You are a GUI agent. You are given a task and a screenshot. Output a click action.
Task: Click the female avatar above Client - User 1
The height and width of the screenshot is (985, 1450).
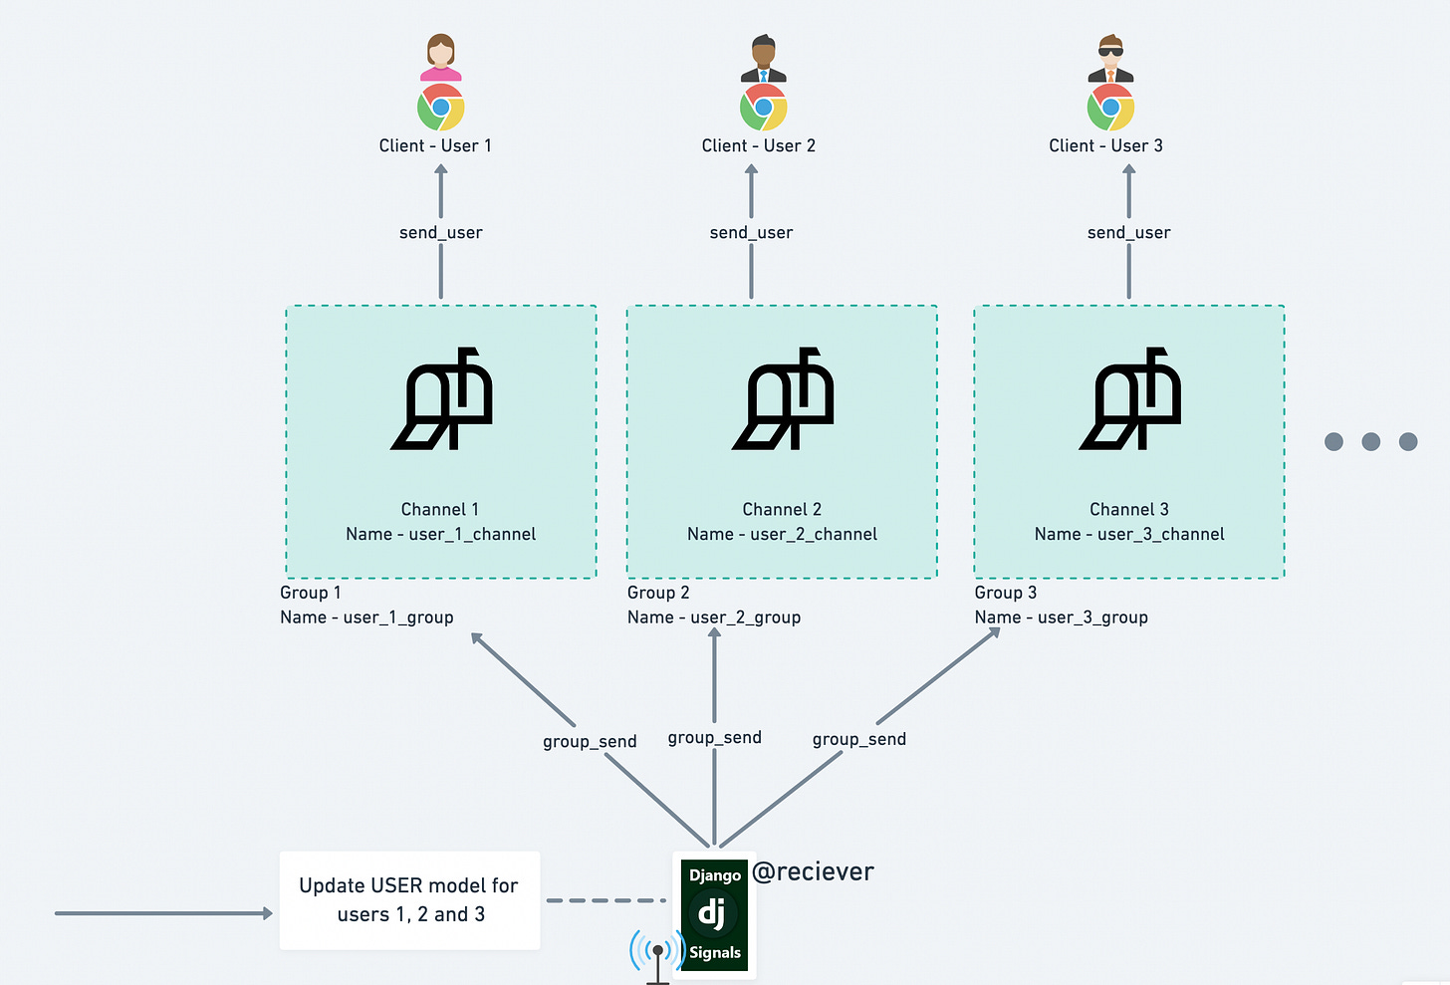pyautogui.click(x=440, y=57)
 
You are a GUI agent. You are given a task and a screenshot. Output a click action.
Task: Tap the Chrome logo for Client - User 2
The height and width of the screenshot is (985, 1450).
pyautogui.click(x=764, y=108)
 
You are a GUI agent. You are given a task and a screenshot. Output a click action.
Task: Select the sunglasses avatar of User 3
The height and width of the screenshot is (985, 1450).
pyautogui.click(x=1110, y=59)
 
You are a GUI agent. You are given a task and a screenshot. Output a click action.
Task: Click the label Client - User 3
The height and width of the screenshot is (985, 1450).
pyautogui.click(x=1105, y=145)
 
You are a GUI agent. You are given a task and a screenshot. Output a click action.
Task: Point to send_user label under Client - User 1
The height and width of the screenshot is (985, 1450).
pyautogui.click(x=440, y=232)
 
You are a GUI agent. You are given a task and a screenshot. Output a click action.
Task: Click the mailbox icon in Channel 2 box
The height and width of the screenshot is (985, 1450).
pyautogui.click(x=784, y=399)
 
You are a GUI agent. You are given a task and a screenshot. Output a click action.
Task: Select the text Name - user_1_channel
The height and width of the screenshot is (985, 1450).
pyautogui.click(x=440, y=534)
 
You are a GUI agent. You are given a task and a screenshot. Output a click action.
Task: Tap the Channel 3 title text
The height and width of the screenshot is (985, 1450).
pyautogui.click(x=1128, y=509)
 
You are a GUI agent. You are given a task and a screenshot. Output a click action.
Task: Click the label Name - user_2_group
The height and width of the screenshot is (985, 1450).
pyautogui.click(x=714, y=617)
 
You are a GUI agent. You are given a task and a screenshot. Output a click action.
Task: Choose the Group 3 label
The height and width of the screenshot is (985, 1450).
pyautogui.click(x=1005, y=593)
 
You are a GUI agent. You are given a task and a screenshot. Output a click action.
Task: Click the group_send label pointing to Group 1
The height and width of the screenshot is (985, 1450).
pyautogui.click(x=590, y=741)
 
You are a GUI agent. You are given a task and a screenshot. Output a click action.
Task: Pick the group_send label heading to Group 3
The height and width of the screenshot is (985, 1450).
pyautogui.click(x=858, y=739)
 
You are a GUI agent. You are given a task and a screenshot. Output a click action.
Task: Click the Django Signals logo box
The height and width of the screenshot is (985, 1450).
pyautogui.click(x=714, y=914)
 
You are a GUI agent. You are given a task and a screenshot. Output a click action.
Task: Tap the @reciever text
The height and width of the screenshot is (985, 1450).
pyautogui.click(x=813, y=871)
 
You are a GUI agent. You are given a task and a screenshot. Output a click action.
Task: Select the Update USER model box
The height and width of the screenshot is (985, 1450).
pyautogui.click(x=409, y=900)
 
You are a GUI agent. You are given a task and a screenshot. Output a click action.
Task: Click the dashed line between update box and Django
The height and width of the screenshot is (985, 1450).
pyautogui.click(x=605, y=900)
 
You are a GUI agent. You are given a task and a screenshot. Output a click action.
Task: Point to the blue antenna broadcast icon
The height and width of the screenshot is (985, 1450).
pyautogui.click(x=656, y=954)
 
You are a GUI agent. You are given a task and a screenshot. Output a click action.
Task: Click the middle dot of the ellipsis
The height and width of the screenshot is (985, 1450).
pyautogui.click(x=1370, y=441)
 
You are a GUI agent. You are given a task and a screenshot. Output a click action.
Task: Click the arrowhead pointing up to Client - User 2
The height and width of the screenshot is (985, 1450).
pyautogui.click(x=751, y=170)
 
